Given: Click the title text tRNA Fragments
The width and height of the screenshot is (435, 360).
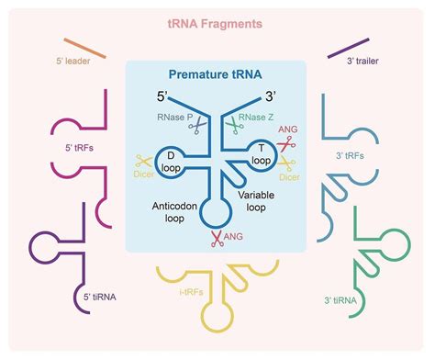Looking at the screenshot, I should pos(217,21).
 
